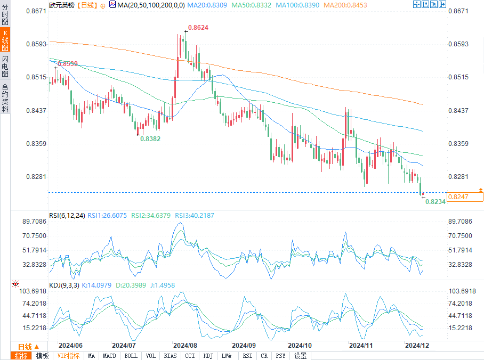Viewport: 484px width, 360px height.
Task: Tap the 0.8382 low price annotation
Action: [150, 138]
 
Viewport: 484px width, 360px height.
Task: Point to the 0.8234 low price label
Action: [435, 202]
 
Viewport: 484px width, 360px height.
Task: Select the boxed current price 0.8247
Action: [458, 197]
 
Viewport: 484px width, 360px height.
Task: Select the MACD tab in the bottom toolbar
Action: [109, 356]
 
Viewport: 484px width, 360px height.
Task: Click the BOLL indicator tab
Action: [131, 356]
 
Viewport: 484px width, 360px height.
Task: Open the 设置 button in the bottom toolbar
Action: [300, 356]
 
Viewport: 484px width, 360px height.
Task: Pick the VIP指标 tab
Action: [69, 356]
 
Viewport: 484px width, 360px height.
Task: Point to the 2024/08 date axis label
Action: [185, 345]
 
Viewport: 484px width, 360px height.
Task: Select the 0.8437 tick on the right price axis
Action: [459, 111]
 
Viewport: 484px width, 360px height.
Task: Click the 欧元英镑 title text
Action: [62, 5]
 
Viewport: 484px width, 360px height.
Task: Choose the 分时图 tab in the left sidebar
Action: [5, 16]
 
